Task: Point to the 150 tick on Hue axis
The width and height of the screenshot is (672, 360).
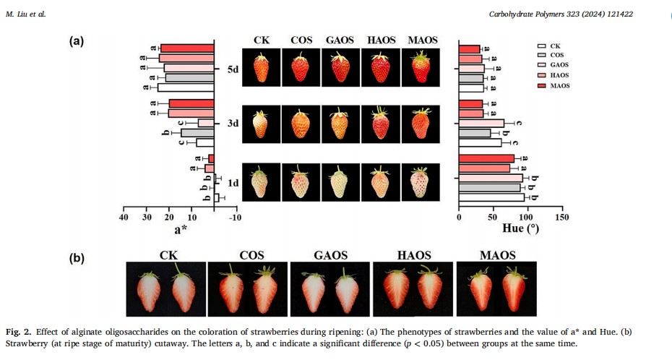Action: coord(561,218)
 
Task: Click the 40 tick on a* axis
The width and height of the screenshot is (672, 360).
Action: coord(124,218)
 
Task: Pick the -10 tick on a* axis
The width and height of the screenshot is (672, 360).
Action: coord(236,218)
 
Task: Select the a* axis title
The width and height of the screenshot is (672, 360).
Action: coord(181,231)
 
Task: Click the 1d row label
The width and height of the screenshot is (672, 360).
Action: coord(233,183)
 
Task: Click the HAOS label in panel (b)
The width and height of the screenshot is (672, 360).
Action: coord(414,255)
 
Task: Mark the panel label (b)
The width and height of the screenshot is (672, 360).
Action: coord(77,257)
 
